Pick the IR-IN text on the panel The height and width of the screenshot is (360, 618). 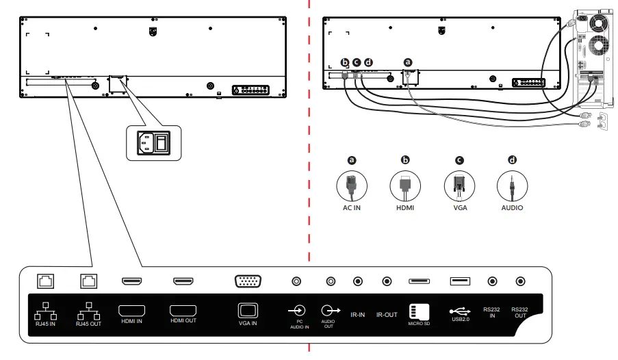click(x=357, y=315)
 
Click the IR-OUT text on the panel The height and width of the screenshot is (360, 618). click(x=387, y=315)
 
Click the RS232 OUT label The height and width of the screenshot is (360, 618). click(x=521, y=313)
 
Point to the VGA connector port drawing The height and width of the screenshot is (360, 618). click(x=247, y=281)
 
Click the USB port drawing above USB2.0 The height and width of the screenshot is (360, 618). click(x=460, y=281)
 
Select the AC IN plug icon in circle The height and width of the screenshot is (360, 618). click(x=352, y=185)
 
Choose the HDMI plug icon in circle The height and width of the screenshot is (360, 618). click(x=405, y=185)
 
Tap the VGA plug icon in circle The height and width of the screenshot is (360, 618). click(x=459, y=185)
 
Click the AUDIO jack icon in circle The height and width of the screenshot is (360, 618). click(x=511, y=185)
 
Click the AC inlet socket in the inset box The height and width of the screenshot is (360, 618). click(x=145, y=142)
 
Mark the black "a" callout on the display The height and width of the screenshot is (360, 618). click(x=409, y=61)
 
